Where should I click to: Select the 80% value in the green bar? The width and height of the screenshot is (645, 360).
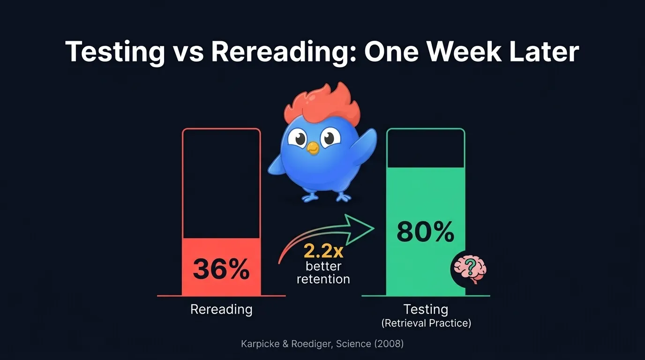pyautogui.click(x=426, y=232)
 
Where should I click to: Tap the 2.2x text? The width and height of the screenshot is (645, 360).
pyautogui.click(x=323, y=252)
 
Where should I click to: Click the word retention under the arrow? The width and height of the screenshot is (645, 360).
pyautogui.click(x=323, y=279)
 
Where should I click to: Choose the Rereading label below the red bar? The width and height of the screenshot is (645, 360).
pyautogui.click(x=221, y=309)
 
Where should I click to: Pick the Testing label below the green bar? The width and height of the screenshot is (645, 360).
pyautogui.click(x=426, y=309)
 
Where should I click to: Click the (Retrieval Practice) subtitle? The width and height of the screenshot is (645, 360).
pyautogui.click(x=426, y=323)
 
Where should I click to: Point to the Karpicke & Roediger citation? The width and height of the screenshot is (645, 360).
pyautogui.click(x=322, y=344)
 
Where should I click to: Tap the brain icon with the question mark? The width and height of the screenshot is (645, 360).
pyautogui.click(x=470, y=270)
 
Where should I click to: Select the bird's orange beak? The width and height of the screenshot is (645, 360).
pyautogui.click(x=312, y=149)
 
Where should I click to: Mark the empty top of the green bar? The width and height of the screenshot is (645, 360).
pyautogui.click(x=426, y=148)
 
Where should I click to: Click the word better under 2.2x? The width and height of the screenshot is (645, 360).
pyautogui.click(x=323, y=266)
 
